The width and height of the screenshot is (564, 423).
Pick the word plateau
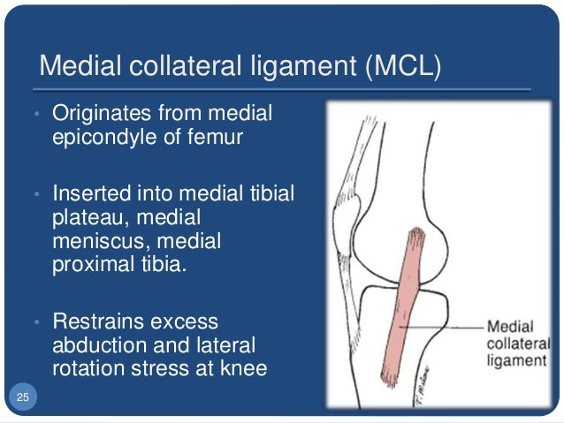[x=87, y=217]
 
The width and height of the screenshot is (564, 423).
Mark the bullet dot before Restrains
[x=37, y=322]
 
